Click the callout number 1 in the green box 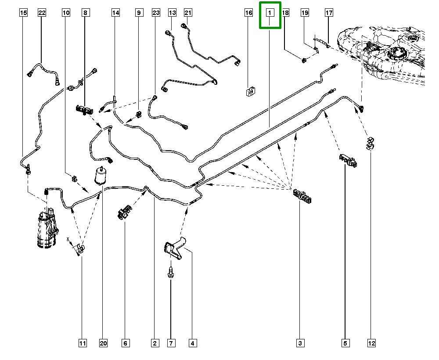pos(270,13)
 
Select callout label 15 pos(24,13)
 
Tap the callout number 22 pos(42,13)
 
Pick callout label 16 pos(248,13)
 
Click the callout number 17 pos(329,13)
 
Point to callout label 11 pos(83,343)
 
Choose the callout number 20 pos(103,343)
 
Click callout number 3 pos(300,343)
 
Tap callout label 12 pos(371,343)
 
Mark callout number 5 pos(345,343)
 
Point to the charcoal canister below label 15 pos(47,228)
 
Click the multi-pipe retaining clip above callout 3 pos(302,196)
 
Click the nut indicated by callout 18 pos(304,60)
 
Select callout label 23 pos(156,13)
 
